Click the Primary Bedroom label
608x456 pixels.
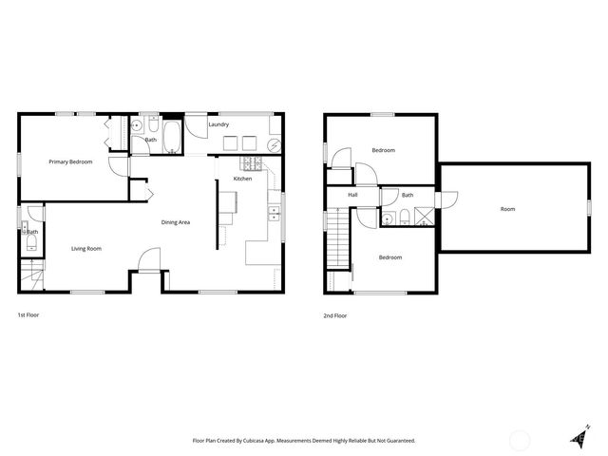71,161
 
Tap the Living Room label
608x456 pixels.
86,249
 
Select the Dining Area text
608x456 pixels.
176,222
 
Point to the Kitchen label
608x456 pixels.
242,179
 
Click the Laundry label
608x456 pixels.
218,124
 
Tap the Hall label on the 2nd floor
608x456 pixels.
352,195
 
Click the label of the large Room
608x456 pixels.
508,209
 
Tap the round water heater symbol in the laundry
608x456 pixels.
274,145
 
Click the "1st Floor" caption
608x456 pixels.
28,314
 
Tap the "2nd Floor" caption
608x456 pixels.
335,314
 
